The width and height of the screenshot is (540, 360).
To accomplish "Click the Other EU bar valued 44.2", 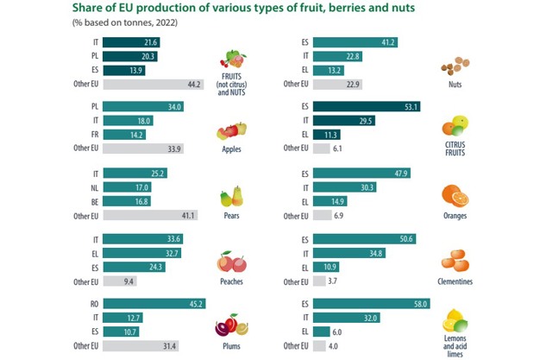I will [153, 84].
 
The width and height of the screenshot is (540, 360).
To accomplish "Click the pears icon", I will [231, 196].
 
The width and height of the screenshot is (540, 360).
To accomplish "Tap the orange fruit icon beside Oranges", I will [455, 194].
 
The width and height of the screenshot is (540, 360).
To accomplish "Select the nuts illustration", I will [454, 66].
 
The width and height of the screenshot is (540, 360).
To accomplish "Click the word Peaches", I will [231, 281].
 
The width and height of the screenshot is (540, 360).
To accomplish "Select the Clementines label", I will [455, 281].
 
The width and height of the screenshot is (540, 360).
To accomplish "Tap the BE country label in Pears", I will [92, 201].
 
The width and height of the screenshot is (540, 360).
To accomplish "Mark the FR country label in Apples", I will [92, 136].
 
